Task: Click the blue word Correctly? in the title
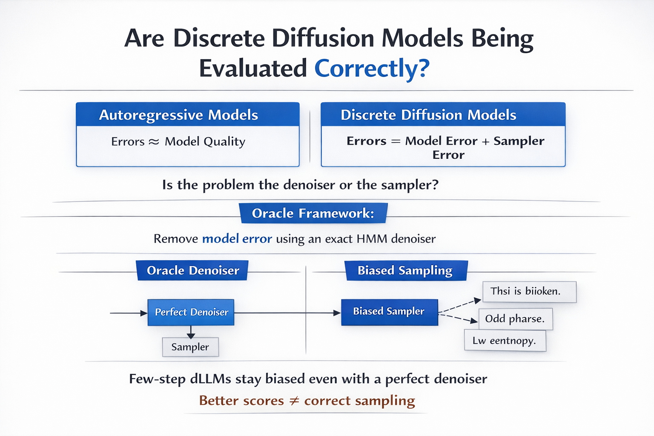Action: click(x=372, y=68)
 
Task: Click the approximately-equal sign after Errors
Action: click(x=154, y=142)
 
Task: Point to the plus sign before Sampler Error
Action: click(x=485, y=141)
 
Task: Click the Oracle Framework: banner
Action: click(x=313, y=213)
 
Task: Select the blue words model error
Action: click(x=237, y=238)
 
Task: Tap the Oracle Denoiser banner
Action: click(x=192, y=270)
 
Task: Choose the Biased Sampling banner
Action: click(x=405, y=270)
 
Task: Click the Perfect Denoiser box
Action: click(x=191, y=312)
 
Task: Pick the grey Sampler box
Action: click(x=190, y=347)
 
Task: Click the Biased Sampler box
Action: click(x=389, y=312)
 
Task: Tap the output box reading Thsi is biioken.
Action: click(x=529, y=292)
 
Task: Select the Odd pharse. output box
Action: click(x=515, y=319)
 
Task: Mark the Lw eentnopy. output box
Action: click(x=505, y=341)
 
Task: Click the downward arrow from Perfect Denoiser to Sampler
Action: click(x=191, y=332)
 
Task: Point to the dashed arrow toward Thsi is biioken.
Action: click(x=460, y=306)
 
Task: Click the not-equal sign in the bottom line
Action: click(x=294, y=401)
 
